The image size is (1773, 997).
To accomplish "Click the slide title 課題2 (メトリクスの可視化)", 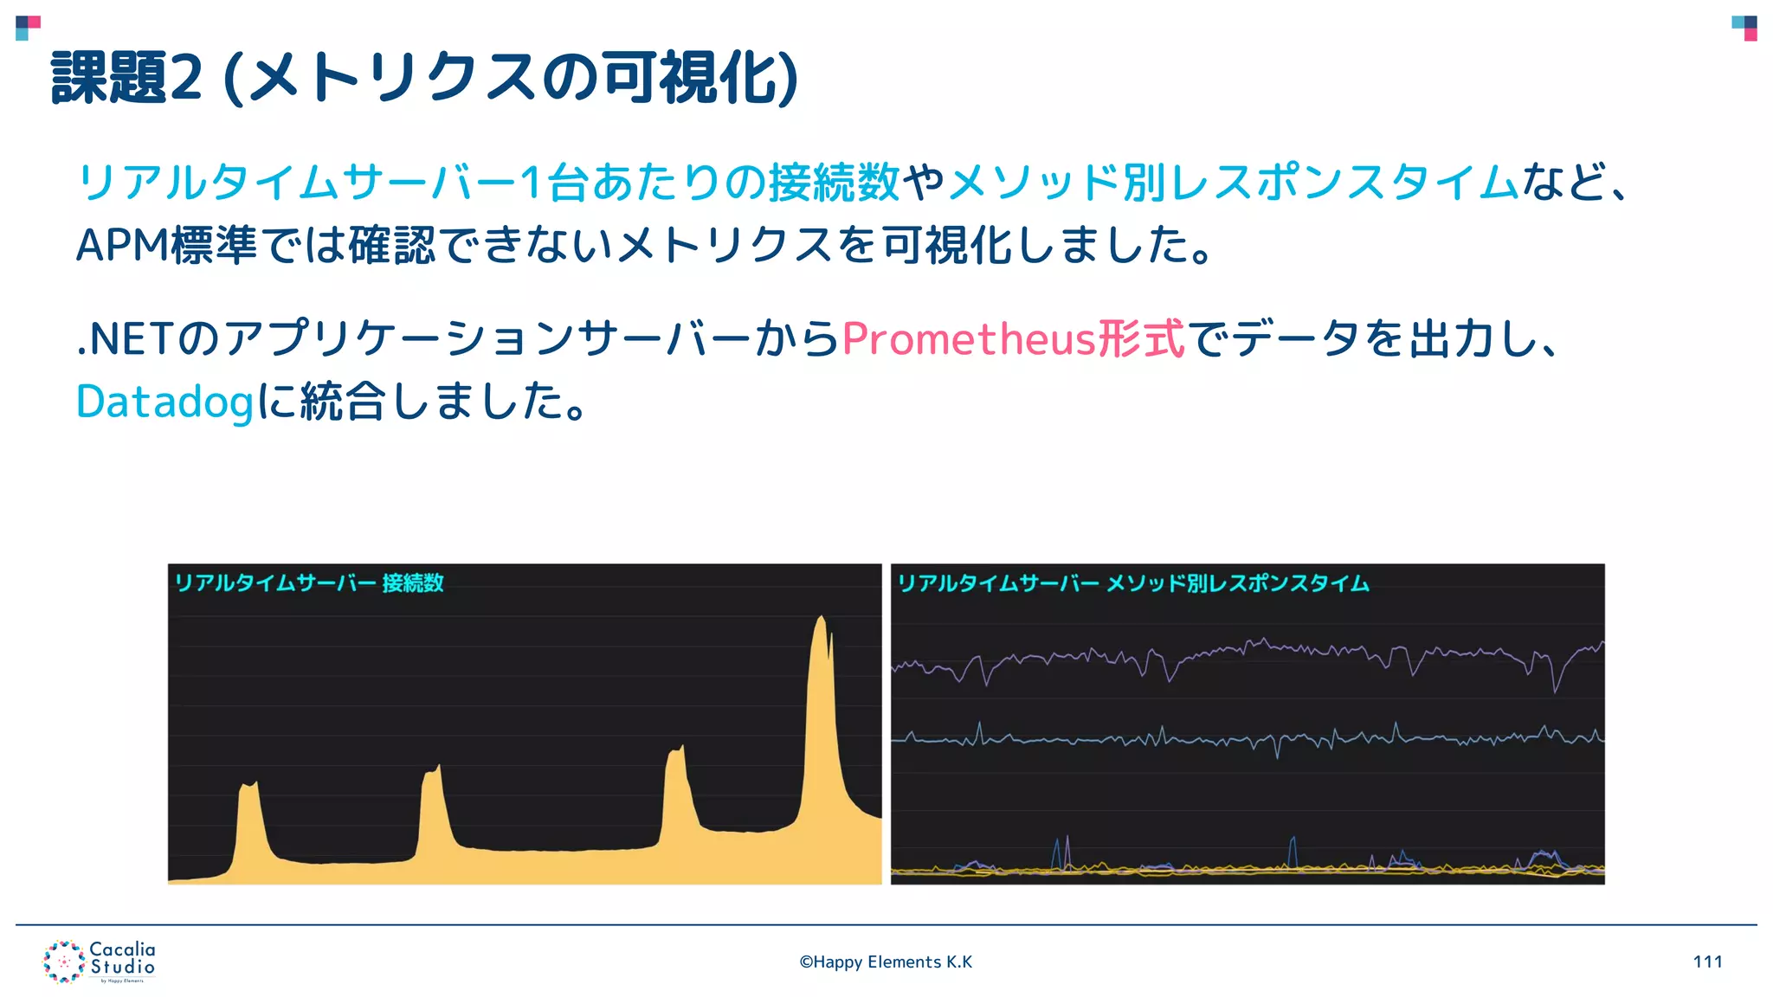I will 424,78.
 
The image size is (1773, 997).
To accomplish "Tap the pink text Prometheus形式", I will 1012,338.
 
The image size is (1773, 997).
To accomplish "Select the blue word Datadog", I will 164,402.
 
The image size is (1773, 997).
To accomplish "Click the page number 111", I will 1707,962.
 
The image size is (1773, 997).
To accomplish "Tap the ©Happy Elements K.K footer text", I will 886,962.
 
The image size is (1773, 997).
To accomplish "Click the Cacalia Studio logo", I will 100,962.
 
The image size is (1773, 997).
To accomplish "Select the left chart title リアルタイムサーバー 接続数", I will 309,582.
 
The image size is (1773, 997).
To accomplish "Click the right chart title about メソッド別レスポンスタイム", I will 1132,583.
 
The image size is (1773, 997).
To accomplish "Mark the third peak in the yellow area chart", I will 676,751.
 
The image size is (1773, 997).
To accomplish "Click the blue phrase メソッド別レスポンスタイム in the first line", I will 1234,183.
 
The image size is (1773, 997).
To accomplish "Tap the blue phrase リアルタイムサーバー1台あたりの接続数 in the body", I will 488,183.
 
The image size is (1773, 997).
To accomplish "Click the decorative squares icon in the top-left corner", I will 28,28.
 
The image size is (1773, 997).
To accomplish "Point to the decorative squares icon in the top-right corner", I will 1744,28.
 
